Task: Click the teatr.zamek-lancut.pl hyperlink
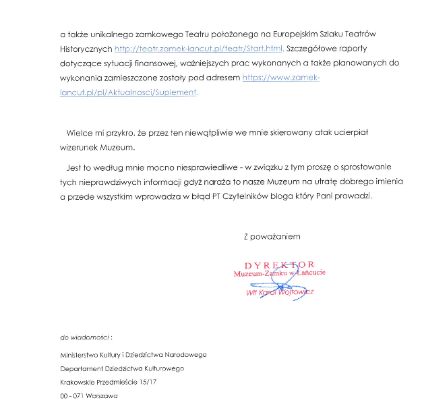coord(199,49)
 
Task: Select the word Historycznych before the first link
coord(86,49)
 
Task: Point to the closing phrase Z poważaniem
coord(272,237)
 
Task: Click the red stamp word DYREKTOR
coord(279,264)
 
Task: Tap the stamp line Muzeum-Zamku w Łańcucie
coord(280,274)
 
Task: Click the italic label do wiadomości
coord(85,336)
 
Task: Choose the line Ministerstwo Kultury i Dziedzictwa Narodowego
coord(133,355)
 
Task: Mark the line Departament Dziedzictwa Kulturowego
coord(122,368)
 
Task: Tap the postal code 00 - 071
coord(71,396)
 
